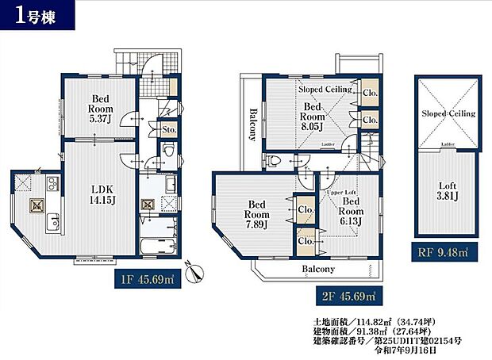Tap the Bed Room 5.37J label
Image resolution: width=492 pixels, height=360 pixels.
[x=100, y=109]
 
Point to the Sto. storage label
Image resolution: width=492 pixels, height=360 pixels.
[x=168, y=128]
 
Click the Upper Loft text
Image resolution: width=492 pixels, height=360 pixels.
[x=344, y=193]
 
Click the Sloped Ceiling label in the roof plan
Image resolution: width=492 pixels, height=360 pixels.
[x=448, y=113]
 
